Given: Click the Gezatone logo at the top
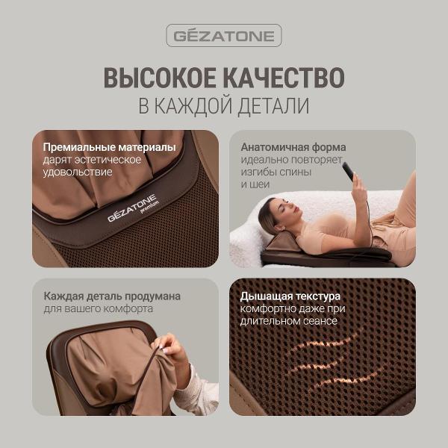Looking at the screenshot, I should click(223, 35).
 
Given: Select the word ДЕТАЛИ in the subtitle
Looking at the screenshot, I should click(272, 106).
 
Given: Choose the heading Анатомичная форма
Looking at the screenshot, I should click(293, 147).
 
